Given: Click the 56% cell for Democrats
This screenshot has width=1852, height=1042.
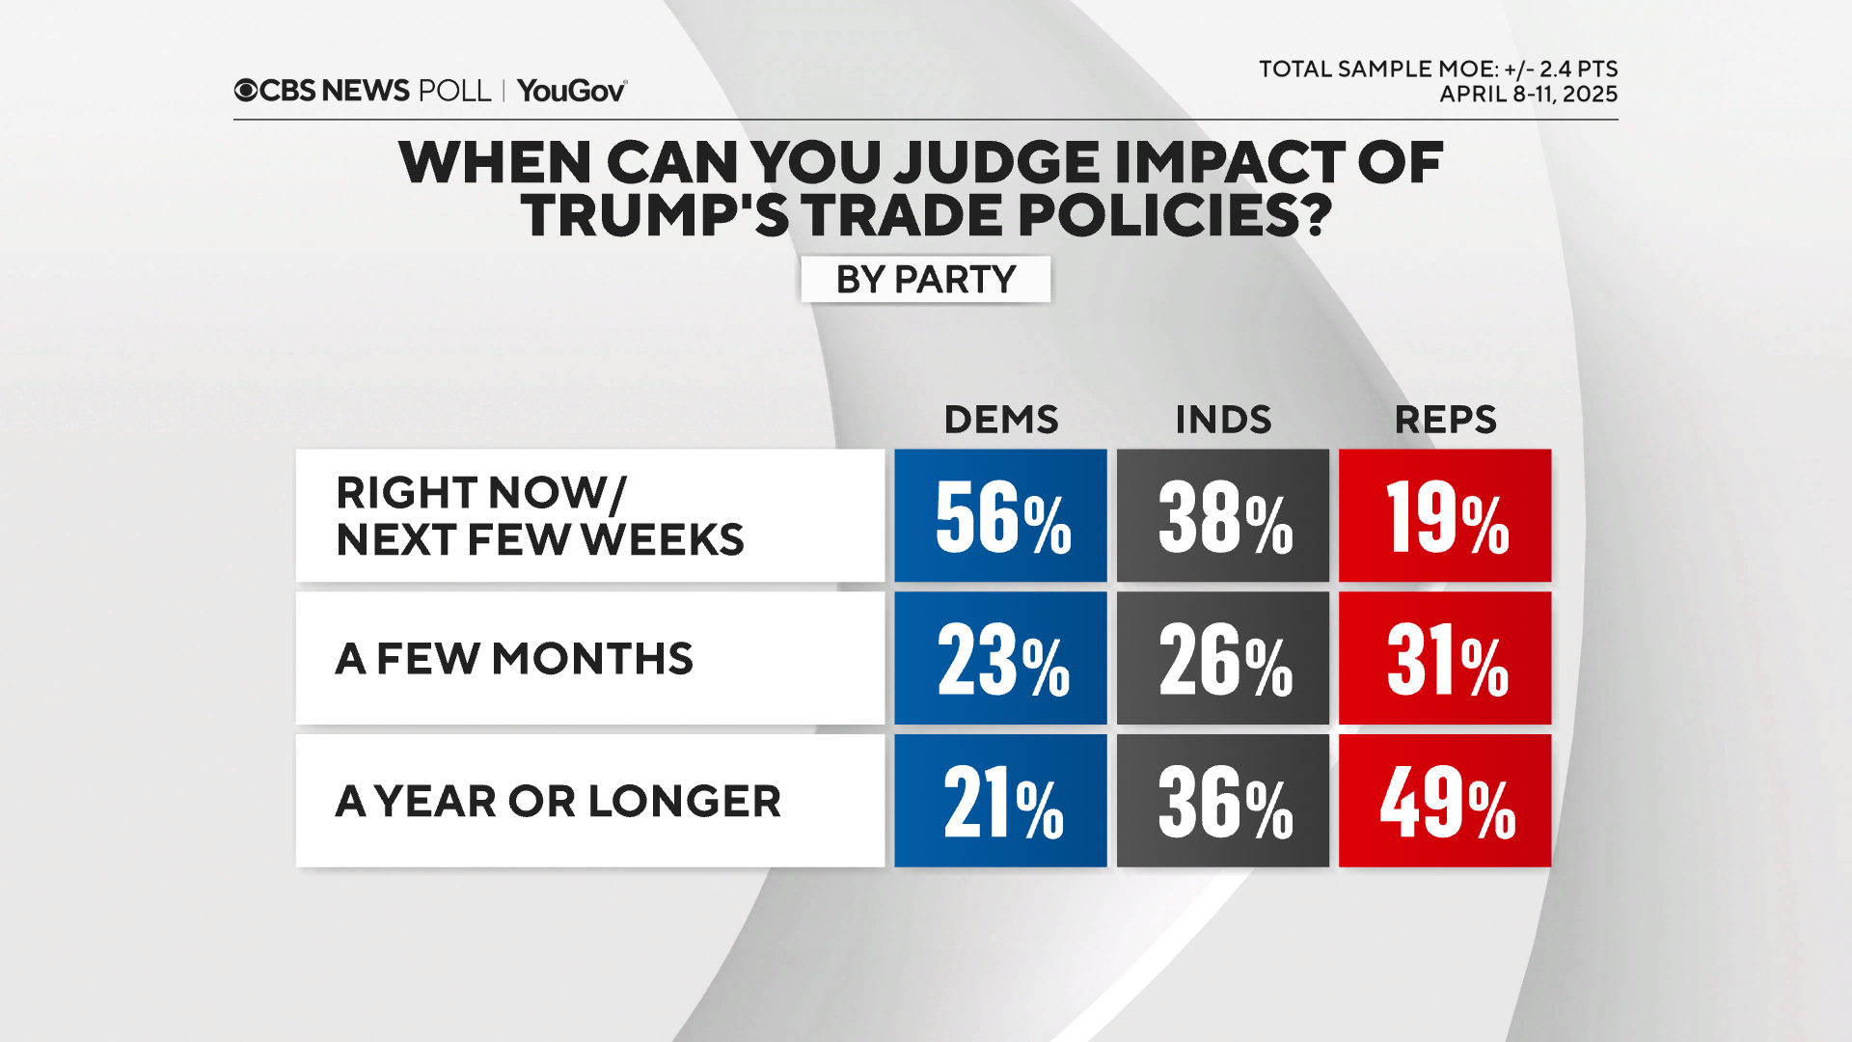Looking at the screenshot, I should click(1000, 515).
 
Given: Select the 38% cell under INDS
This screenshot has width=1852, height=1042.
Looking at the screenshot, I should click(1222, 515).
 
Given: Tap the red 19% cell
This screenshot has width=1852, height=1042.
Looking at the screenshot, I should click(1445, 515).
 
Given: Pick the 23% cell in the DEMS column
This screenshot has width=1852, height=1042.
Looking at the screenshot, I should click(1000, 658).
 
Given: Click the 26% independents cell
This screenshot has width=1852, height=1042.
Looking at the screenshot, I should click(1222, 658).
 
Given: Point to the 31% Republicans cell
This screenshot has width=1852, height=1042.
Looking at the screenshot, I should click(1445, 658).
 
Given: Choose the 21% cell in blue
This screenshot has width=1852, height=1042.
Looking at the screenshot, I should click(1000, 801).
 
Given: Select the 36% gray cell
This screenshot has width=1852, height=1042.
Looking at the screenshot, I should click(1222, 801).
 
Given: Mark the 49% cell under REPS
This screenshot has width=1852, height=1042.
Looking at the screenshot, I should click(1445, 801).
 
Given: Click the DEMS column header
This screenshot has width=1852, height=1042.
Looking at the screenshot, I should click(1001, 420).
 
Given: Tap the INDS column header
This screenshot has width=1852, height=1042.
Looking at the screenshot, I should click(1223, 420).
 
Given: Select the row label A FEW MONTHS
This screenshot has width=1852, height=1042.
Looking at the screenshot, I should click(514, 659).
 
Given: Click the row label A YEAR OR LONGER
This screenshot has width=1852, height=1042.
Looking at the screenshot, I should click(558, 802).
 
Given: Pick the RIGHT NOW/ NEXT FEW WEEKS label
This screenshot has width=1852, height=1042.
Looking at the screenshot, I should click(539, 516).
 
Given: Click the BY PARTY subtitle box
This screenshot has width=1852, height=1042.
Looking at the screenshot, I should click(925, 280).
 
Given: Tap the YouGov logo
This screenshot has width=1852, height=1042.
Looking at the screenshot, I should click(572, 91).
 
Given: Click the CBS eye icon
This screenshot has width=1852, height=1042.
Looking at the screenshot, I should click(246, 91).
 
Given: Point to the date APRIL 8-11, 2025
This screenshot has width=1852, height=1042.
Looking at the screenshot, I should click(1528, 95).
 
